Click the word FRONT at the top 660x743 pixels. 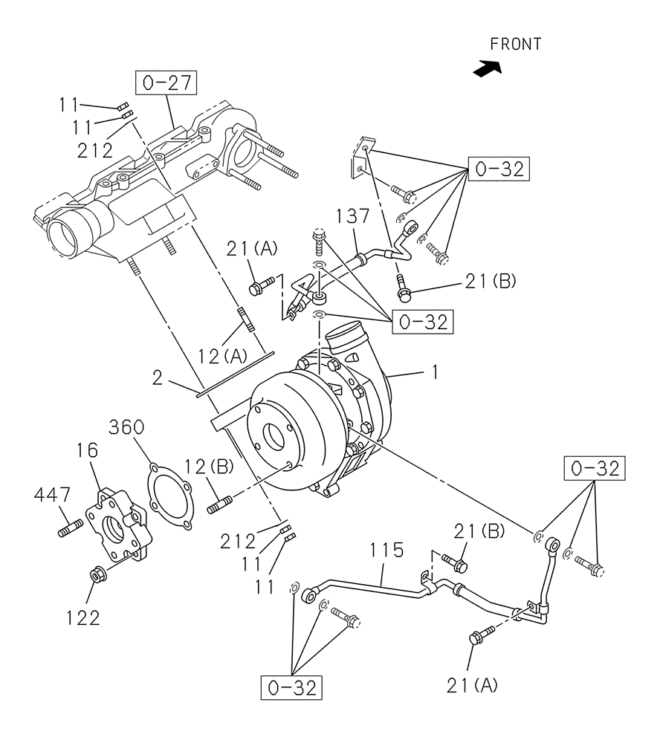516,45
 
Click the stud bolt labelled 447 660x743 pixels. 69,531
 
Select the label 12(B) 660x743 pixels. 210,467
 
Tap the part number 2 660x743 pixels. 157,378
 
